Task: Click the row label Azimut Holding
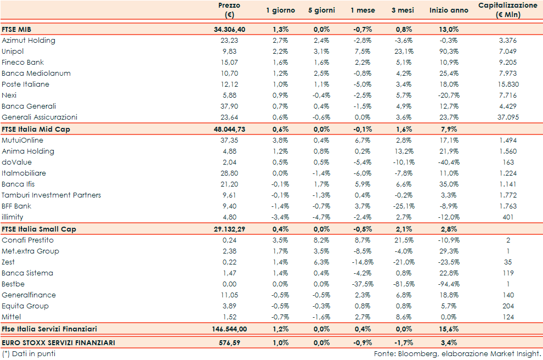(x=29, y=41)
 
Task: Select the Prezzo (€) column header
(x=229, y=10)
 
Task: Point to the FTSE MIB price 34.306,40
(x=229, y=29)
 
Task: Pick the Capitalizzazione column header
(x=507, y=10)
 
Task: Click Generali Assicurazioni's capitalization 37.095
(x=507, y=117)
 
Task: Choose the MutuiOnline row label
(x=22, y=140)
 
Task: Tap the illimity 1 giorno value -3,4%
(x=280, y=217)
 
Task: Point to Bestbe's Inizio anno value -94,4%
(x=448, y=284)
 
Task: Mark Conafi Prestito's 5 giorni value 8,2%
(x=321, y=240)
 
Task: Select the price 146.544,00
(x=227, y=329)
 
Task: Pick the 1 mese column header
(x=363, y=10)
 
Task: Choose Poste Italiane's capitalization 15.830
(x=507, y=85)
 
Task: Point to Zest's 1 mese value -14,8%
(x=363, y=262)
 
